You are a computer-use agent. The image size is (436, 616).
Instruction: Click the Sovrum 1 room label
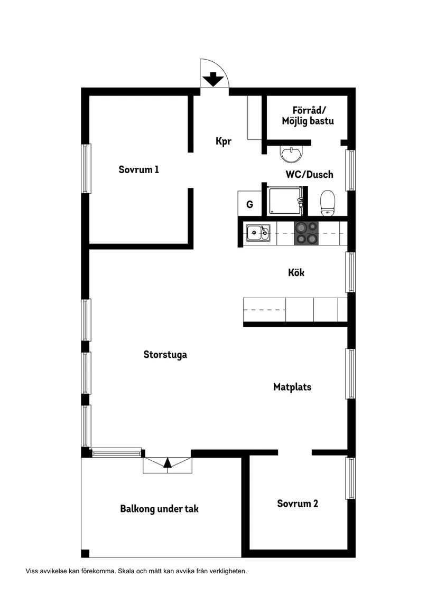(138, 170)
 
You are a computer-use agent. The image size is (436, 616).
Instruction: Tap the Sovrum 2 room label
(298, 504)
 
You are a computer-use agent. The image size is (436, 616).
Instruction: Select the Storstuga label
(165, 355)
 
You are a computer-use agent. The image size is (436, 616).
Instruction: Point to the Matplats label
(292, 387)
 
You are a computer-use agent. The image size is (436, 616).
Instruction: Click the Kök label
(296, 273)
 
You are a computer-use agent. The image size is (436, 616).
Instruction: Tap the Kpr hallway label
(224, 141)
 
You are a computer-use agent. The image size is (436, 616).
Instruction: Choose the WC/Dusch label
(309, 174)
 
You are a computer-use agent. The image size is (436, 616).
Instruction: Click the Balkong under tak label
(159, 509)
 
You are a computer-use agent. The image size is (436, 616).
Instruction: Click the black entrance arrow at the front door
(214, 79)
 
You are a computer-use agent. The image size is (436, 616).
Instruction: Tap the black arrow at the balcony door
(168, 463)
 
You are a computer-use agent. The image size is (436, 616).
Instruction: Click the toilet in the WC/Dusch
(328, 203)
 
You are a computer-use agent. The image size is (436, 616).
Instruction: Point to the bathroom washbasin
(291, 153)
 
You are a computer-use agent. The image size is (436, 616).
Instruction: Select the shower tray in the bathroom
(285, 201)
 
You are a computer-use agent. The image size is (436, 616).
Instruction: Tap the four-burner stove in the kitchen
(307, 233)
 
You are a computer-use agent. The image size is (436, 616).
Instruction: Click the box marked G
(249, 204)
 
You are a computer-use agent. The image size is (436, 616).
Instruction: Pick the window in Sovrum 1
(86, 168)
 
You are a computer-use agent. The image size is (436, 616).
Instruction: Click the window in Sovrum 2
(350, 478)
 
